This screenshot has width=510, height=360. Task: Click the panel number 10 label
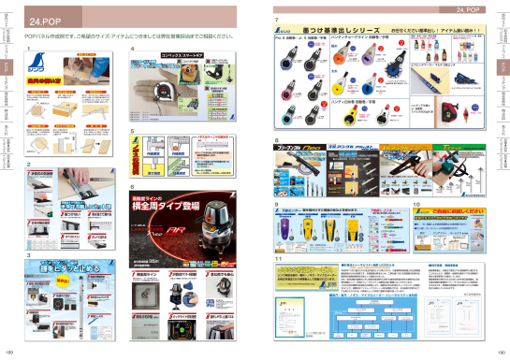click(x=415, y=203)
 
